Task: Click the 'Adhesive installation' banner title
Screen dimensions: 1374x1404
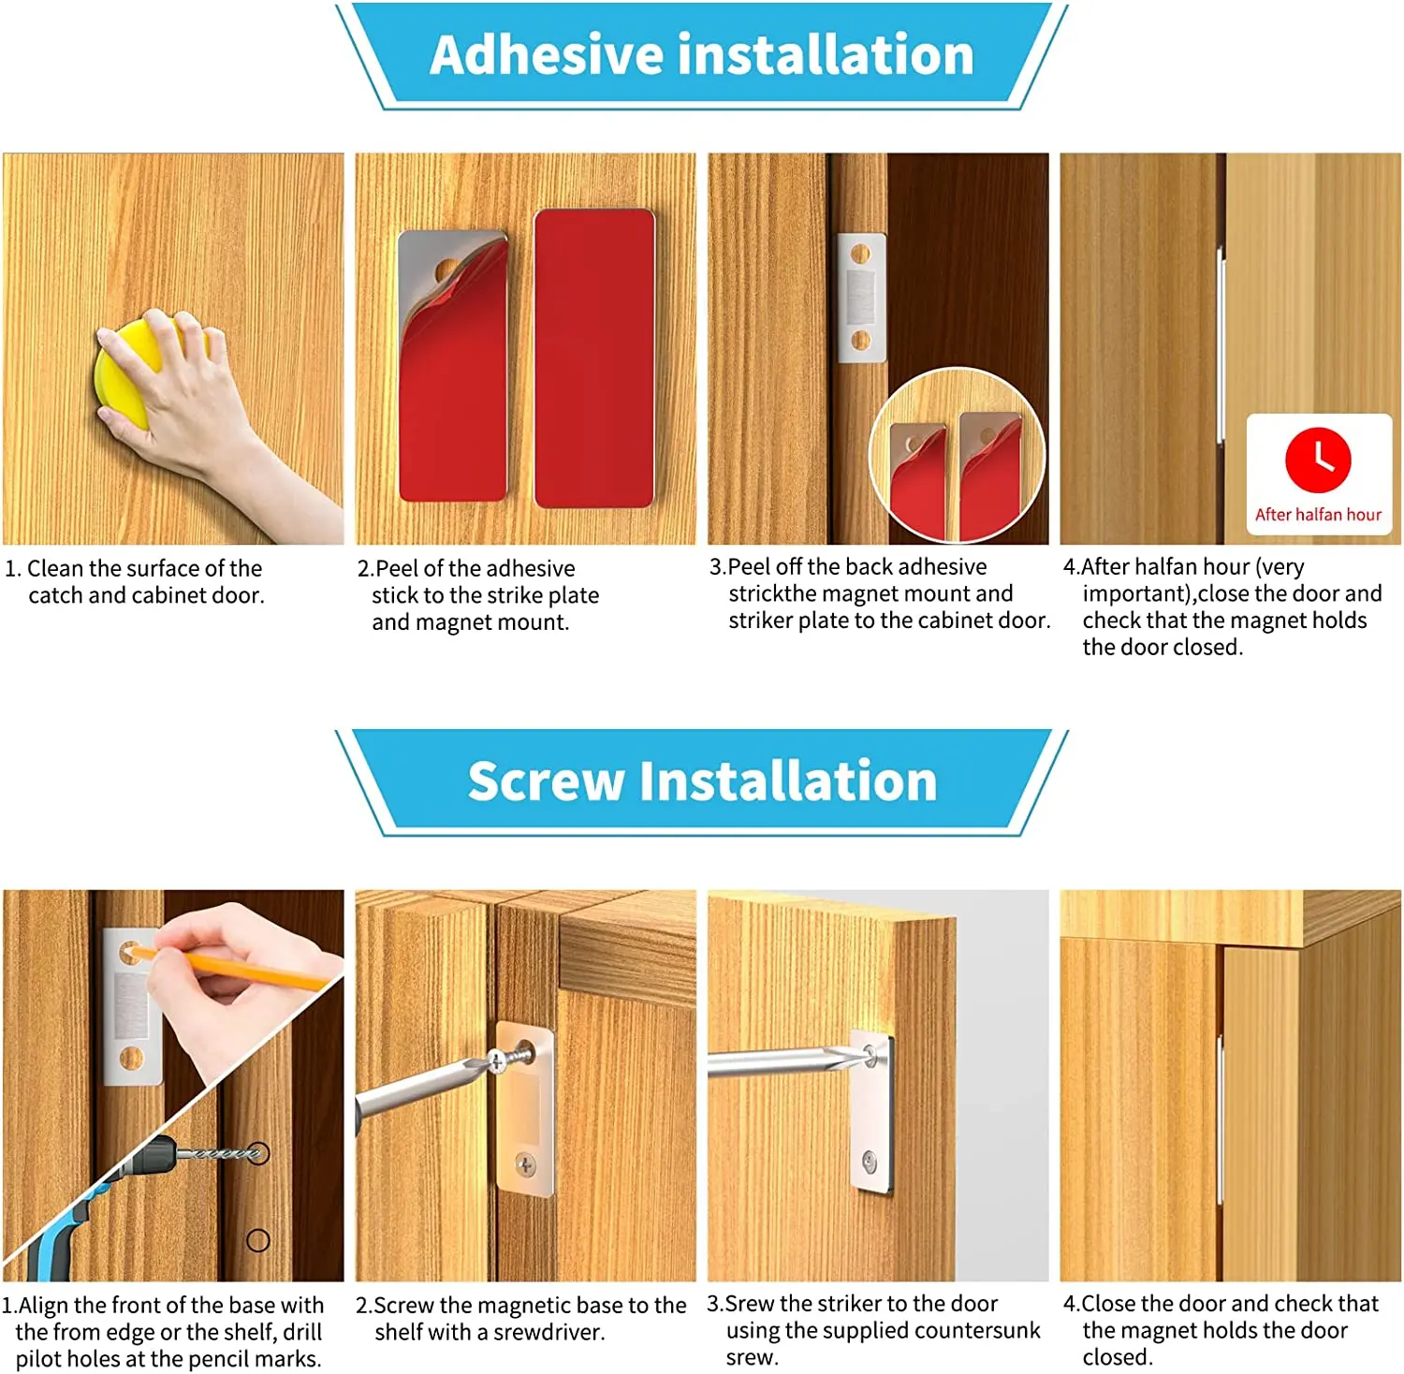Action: pos(702,54)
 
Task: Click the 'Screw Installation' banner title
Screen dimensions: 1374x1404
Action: pos(702,781)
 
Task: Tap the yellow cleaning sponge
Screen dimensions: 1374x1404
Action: pos(123,375)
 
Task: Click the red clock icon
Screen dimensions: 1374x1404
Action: pos(1318,460)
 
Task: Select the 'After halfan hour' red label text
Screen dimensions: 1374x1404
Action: pos(1318,515)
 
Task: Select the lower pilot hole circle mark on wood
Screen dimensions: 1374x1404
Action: pos(257,1241)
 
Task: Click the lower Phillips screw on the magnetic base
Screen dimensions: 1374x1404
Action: pos(526,1165)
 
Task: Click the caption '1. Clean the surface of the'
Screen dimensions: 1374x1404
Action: pos(144,568)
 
